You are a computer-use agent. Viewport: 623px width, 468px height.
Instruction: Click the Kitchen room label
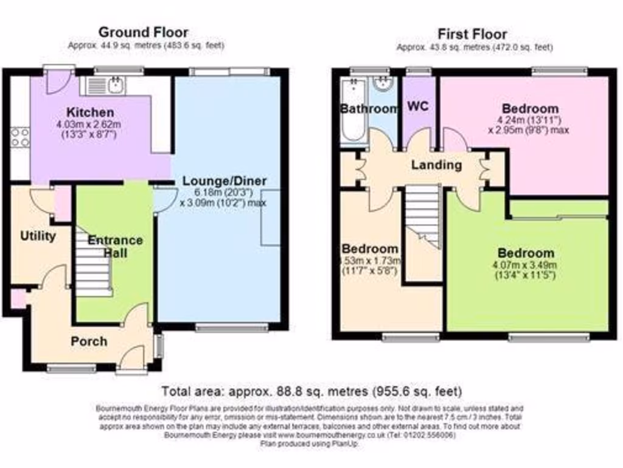[x=90, y=113]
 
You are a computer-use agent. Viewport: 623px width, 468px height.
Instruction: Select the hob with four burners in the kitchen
[x=19, y=137]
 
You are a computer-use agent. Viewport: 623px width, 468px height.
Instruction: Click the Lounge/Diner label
[x=225, y=181]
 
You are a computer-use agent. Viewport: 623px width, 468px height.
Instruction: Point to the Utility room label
[x=38, y=236]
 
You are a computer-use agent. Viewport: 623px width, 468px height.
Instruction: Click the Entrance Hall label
[x=115, y=246]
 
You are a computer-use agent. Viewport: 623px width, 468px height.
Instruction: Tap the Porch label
[x=89, y=341]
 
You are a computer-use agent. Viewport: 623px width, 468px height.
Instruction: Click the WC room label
[x=418, y=106]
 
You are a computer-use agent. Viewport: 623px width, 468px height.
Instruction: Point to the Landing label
[x=436, y=165]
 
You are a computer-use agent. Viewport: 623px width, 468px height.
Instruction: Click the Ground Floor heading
[x=144, y=32]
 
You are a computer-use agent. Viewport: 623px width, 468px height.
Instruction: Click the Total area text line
[x=311, y=391]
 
